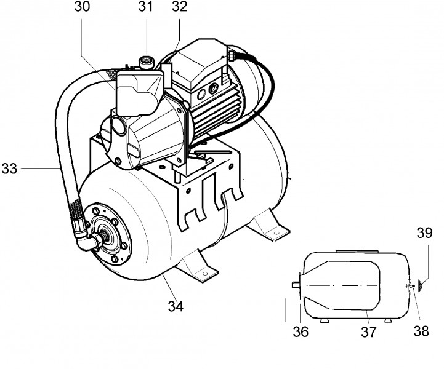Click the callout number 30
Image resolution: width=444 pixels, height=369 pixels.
[x=82, y=7]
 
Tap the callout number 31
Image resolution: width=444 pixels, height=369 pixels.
[x=145, y=7]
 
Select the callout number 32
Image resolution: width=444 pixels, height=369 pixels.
[x=180, y=7]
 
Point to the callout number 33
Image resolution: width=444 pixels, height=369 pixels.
[x=9, y=169]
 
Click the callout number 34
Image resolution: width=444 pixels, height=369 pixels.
[x=176, y=306]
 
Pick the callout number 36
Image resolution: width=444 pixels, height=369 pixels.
[x=301, y=331]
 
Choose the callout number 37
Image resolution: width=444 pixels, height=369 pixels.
[x=368, y=331]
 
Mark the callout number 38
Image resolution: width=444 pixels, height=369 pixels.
[x=421, y=330]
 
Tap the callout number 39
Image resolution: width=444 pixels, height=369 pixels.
[x=424, y=232]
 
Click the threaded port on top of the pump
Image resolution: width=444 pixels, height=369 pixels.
[x=145, y=62]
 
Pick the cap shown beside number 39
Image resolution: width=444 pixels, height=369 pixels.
[x=421, y=285]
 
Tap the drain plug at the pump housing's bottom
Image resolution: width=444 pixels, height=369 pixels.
[x=118, y=161]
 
